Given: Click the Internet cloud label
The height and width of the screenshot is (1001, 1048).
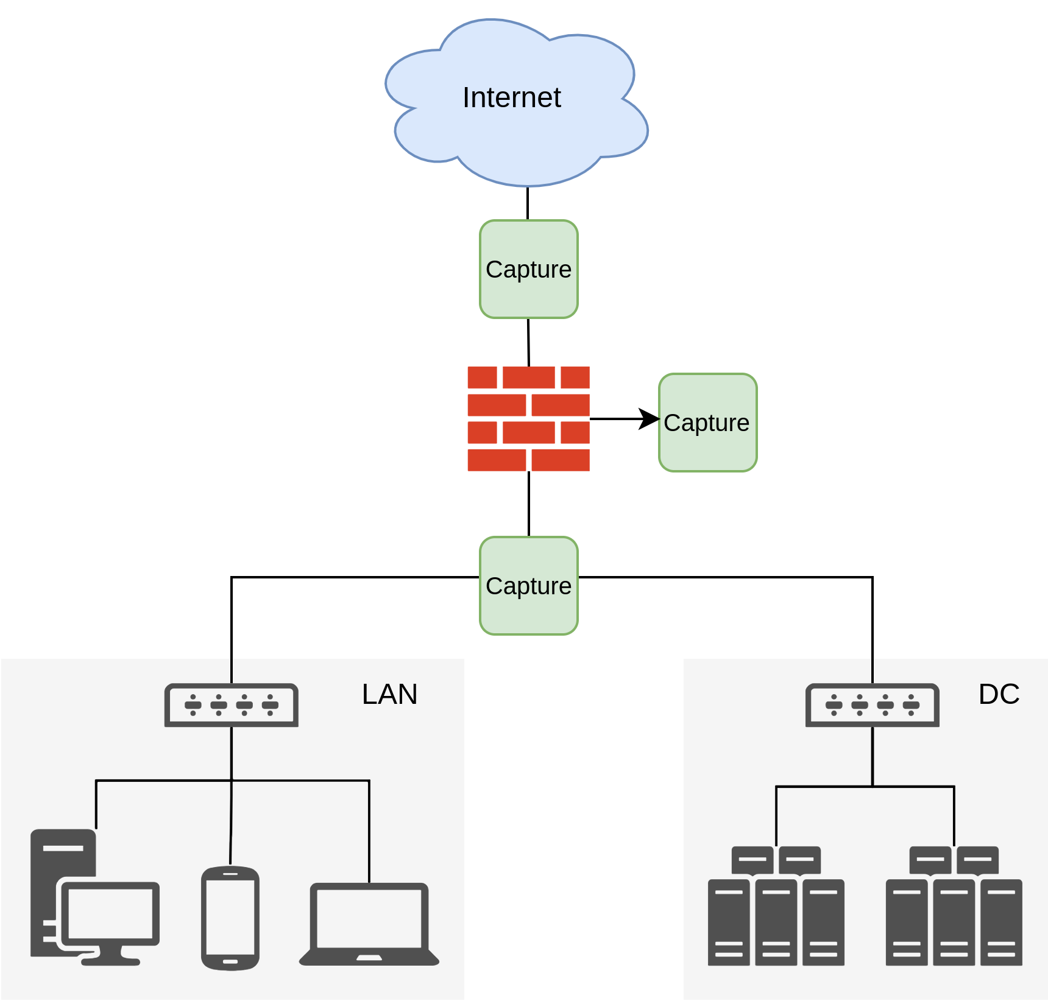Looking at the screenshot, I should [x=511, y=97].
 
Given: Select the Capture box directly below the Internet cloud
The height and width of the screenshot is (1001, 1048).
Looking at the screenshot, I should [x=528, y=269].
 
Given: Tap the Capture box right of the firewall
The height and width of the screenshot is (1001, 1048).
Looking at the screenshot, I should [x=707, y=423].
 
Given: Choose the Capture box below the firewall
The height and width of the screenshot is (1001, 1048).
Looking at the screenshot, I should [x=528, y=586].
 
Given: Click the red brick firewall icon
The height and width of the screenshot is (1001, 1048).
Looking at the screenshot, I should [x=528, y=419].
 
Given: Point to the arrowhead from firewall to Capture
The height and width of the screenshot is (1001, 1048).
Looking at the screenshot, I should [x=650, y=419].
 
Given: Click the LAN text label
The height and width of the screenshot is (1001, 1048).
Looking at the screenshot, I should [x=389, y=694].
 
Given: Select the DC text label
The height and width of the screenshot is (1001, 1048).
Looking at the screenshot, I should [x=999, y=694].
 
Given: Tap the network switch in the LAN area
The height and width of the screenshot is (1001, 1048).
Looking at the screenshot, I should [x=232, y=705].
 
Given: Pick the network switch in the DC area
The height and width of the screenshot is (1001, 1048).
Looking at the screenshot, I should [x=872, y=705].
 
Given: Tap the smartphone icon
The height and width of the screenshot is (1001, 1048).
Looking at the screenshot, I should [x=230, y=918].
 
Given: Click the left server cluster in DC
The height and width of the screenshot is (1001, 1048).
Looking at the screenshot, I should [x=776, y=907].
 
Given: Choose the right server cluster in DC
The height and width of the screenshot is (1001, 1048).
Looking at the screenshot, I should [x=954, y=907].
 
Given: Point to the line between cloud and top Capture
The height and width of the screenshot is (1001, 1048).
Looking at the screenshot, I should [x=528, y=203].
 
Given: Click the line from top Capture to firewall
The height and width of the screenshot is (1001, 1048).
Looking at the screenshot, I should [x=528, y=342].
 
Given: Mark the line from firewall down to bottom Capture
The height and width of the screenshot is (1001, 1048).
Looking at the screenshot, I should [x=528, y=504].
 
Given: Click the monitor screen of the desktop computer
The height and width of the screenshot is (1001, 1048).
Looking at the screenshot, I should [x=110, y=913].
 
